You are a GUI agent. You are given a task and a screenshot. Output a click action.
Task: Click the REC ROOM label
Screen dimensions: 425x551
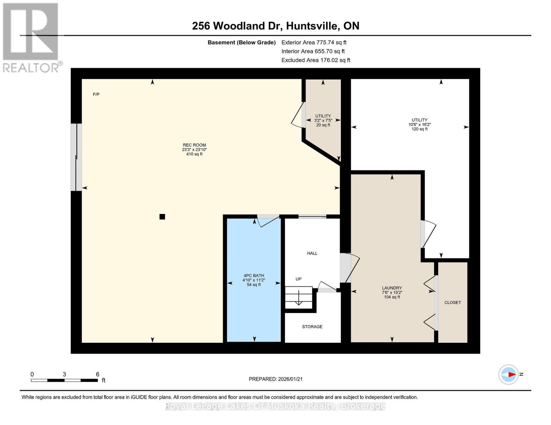tap(194, 145)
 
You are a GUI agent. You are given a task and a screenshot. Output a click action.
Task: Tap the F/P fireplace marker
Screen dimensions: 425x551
tap(96, 94)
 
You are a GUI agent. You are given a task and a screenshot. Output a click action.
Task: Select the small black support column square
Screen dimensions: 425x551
tap(162, 217)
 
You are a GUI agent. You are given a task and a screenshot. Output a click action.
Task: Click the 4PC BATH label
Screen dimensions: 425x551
tap(254, 276)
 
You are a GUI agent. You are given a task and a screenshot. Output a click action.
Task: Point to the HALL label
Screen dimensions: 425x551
tap(312, 253)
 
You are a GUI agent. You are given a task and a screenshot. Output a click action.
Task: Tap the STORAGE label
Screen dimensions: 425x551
tap(312, 327)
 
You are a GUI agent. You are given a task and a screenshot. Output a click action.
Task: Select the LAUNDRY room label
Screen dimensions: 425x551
tap(392, 288)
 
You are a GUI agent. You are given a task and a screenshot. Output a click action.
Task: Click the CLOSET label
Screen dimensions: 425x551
tap(452, 302)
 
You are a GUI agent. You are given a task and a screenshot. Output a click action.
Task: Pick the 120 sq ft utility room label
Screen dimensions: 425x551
tap(419, 124)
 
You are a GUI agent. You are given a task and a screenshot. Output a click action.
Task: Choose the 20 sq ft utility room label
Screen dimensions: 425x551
tap(323, 120)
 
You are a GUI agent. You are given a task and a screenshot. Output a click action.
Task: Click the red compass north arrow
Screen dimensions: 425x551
tap(511, 374)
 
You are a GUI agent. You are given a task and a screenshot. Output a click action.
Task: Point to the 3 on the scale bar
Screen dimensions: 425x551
tap(64, 374)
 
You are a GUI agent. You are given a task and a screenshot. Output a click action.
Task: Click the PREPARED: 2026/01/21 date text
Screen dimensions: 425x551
tap(276, 379)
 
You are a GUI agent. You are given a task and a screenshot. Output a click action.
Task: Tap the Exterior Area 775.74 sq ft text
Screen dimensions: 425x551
tap(314, 42)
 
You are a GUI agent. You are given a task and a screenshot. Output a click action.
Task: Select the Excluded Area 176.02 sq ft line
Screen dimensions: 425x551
tap(315, 60)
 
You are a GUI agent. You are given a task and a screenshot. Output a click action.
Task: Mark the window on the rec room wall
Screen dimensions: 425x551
tap(76, 157)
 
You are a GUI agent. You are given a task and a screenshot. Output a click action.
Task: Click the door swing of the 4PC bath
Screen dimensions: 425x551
tap(268, 221)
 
